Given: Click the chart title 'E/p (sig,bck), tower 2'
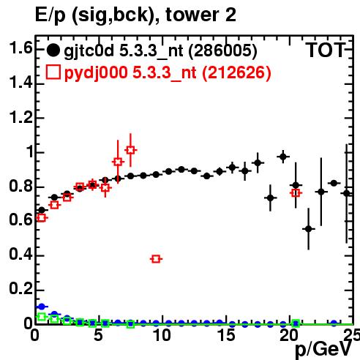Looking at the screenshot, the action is pyautogui.click(x=135, y=15).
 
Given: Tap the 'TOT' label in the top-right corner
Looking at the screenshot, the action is pyautogui.click(x=326, y=50).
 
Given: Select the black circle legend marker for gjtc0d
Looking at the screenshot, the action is pyautogui.click(x=53, y=50).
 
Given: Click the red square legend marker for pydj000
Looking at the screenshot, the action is pyautogui.click(x=53, y=72).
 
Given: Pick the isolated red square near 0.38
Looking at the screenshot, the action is pyautogui.click(x=156, y=259).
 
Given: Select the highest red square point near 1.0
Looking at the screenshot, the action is pyautogui.click(x=131, y=150).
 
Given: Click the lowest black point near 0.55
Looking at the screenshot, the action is pyautogui.click(x=309, y=229).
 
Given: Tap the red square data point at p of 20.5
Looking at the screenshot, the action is pyautogui.click(x=296, y=193).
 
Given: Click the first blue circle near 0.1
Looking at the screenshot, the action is pyautogui.click(x=42, y=307).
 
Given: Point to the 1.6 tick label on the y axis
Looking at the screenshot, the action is pyautogui.click(x=21, y=48).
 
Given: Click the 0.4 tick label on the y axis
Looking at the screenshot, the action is pyautogui.click(x=21, y=254).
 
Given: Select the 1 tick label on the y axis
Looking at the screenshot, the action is pyautogui.click(x=30, y=151).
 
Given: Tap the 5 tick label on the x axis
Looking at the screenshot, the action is pyautogui.click(x=98, y=335).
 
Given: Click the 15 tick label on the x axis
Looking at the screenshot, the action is pyautogui.click(x=226, y=335).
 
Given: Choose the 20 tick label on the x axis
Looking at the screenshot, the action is pyautogui.click(x=289, y=335).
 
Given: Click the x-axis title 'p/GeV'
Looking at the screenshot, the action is pyautogui.click(x=324, y=350).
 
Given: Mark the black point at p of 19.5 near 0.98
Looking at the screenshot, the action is pyautogui.click(x=283, y=157).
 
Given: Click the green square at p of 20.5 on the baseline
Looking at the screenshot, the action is pyautogui.click(x=296, y=323).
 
